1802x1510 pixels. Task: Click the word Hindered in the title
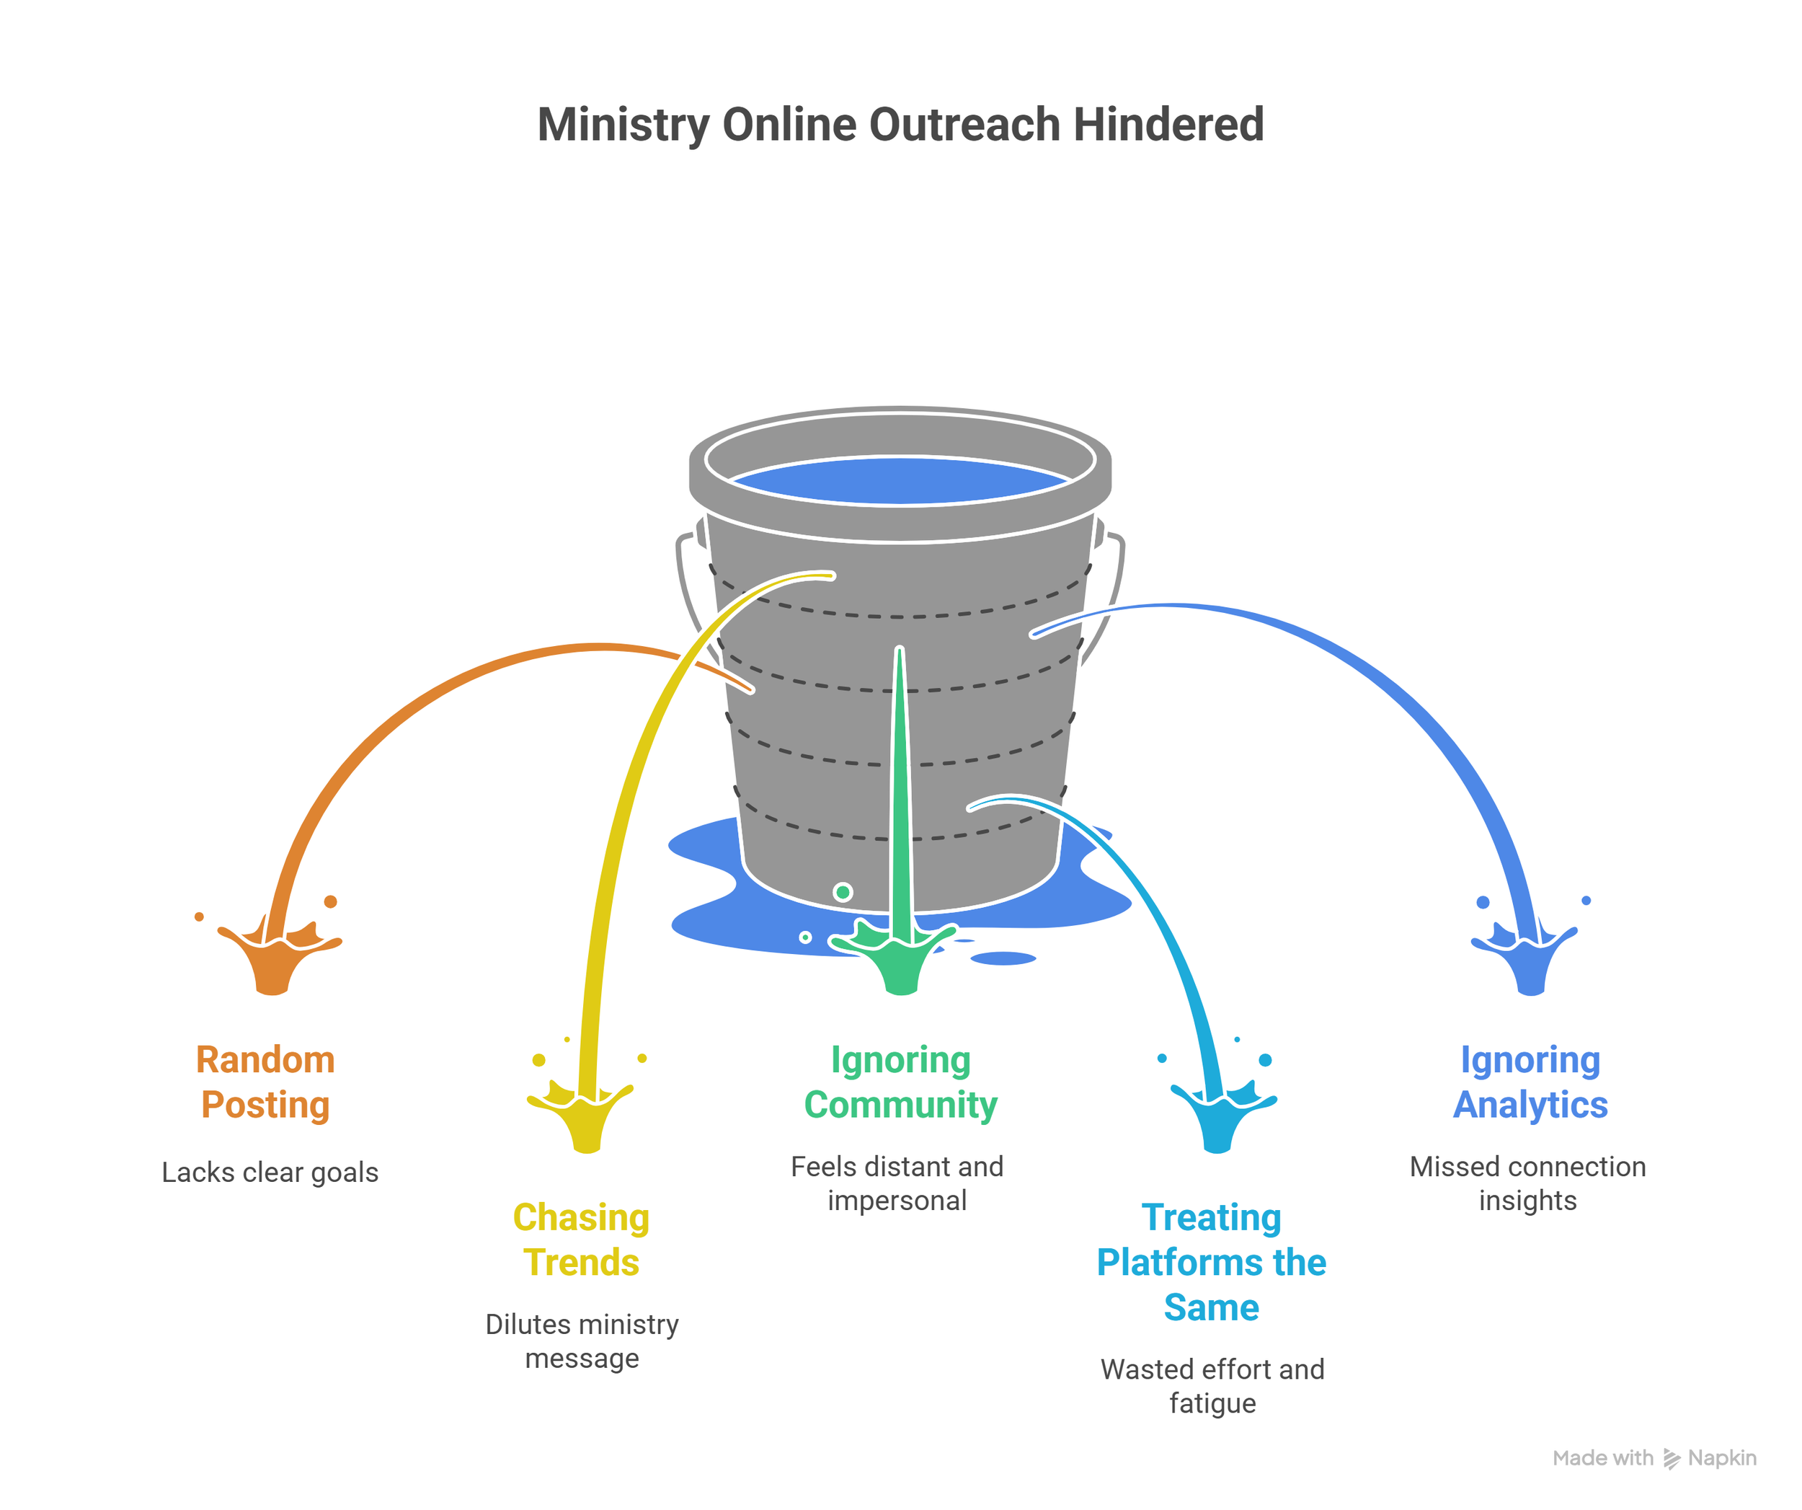[1168, 125]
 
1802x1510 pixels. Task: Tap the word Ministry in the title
[623, 125]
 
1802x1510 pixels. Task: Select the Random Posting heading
[266, 1082]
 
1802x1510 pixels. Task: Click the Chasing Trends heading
[582, 1240]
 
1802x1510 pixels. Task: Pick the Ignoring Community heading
[900, 1082]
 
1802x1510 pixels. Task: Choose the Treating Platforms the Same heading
[1212, 1262]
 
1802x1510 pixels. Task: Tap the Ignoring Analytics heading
[1530, 1082]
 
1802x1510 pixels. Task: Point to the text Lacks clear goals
[270, 1173]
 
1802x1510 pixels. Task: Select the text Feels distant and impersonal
[897, 1184]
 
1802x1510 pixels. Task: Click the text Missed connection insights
[1527, 1184]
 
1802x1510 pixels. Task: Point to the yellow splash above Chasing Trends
[585, 1116]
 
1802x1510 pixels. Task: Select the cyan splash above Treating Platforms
[1218, 1116]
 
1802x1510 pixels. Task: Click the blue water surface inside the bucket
[900, 481]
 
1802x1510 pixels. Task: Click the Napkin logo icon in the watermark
[1671, 1459]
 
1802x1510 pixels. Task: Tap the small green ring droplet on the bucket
[843, 893]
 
